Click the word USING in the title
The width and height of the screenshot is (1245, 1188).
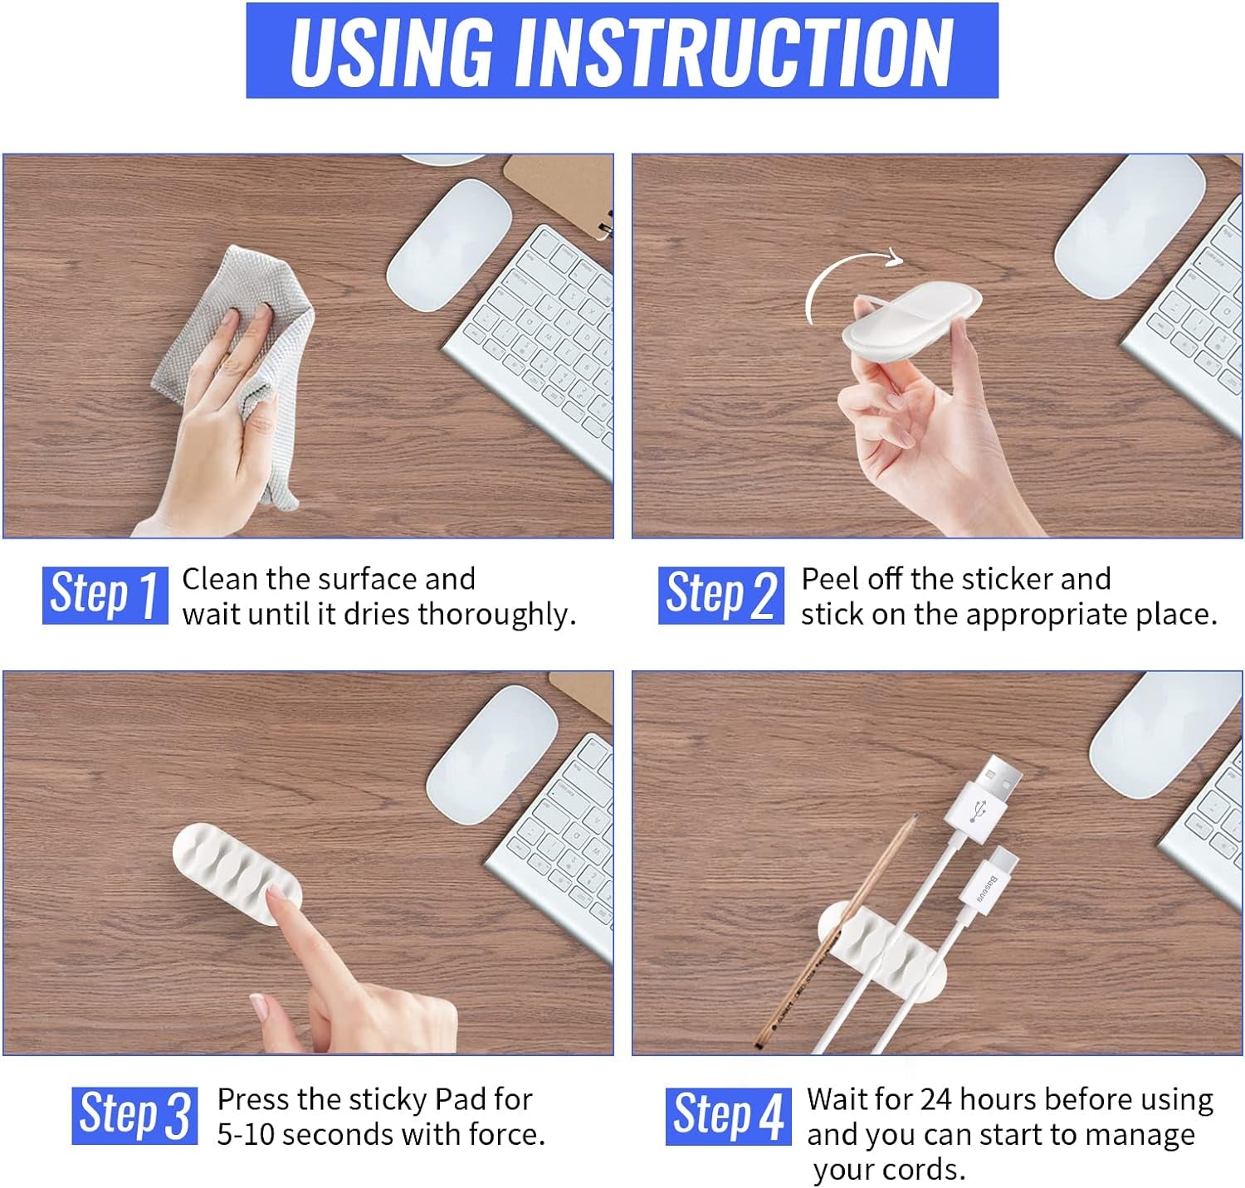[x=391, y=51]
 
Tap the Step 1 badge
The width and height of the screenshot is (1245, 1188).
[x=105, y=595]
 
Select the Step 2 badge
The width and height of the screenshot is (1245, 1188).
[x=720, y=595]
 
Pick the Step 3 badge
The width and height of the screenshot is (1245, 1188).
[x=134, y=1115]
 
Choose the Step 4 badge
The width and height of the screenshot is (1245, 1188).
[x=729, y=1115]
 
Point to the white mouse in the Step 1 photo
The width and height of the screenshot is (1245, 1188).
[x=448, y=246]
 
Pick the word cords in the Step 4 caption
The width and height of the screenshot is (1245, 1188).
[x=926, y=1170]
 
